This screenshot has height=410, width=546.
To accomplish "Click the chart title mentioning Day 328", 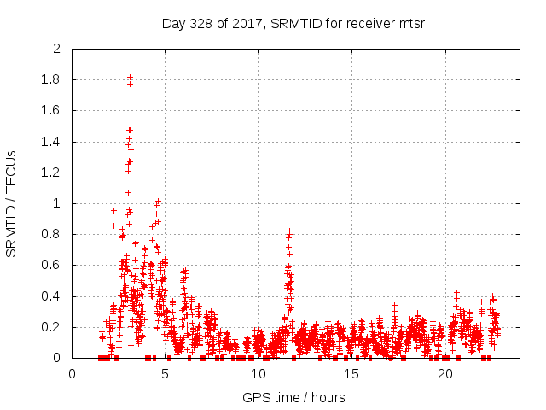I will [293, 23].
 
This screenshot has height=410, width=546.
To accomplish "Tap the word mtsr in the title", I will [410, 23].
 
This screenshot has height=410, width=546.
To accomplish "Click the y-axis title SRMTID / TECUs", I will [11, 203].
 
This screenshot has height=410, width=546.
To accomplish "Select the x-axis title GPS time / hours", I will [293, 396].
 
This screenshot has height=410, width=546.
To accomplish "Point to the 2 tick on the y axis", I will [57, 49].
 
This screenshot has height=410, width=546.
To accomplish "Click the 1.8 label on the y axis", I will [52, 79].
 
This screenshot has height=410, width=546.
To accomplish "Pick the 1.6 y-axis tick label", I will [52, 111].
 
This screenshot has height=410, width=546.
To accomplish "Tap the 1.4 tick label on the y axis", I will [52, 142].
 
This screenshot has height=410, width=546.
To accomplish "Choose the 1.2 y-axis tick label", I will [52, 173].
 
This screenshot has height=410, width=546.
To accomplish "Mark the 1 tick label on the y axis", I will [57, 203].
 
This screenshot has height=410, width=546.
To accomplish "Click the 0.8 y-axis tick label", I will [52, 234].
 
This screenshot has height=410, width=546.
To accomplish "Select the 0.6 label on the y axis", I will [52, 266].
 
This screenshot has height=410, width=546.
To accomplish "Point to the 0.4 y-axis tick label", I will [52, 296].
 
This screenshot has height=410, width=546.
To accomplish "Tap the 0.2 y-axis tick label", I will [52, 327].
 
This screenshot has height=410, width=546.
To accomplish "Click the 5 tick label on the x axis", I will [166, 374].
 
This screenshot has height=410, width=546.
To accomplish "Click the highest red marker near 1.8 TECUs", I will [130, 77].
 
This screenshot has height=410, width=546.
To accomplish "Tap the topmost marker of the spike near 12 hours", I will [290, 231].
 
